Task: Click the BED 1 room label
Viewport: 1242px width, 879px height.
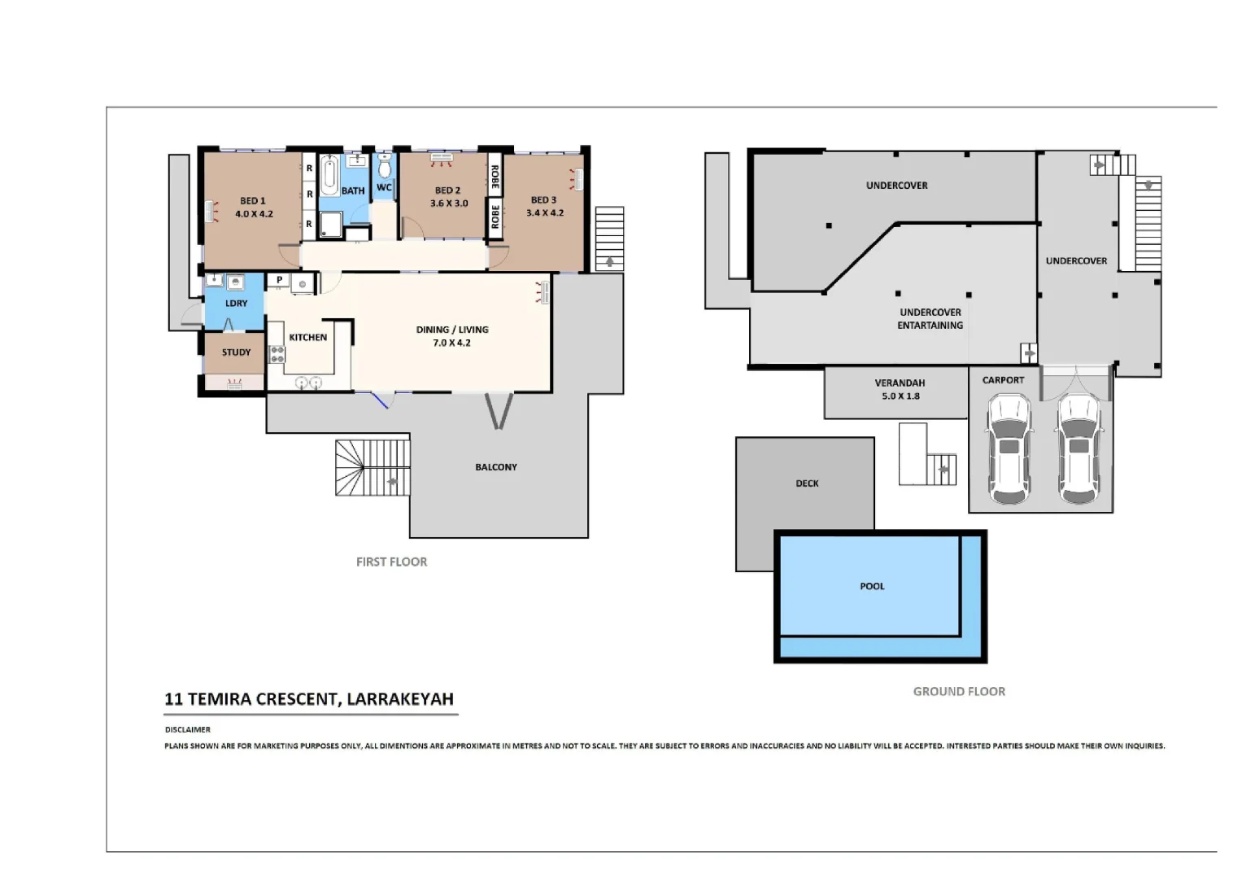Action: pyautogui.click(x=252, y=201)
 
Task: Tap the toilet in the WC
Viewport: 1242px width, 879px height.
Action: pyautogui.click(x=384, y=168)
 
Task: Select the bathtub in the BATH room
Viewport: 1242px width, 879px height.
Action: pyautogui.click(x=329, y=175)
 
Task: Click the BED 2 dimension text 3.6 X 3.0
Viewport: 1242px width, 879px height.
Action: pyautogui.click(x=449, y=203)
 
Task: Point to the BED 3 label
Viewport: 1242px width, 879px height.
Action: pyautogui.click(x=543, y=200)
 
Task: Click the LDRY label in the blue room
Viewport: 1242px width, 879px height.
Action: pyautogui.click(x=236, y=304)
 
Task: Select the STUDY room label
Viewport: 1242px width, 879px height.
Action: pyautogui.click(x=236, y=352)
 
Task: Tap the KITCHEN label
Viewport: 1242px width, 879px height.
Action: pyautogui.click(x=307, y=337)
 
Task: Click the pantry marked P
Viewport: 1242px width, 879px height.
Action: pyautogui.click(x=279, y=280)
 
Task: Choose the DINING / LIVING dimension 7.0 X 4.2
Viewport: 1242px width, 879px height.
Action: pyautogui.click(x=451, y=343)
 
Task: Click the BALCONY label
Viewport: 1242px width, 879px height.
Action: pyautogui.click(x=496, y=467)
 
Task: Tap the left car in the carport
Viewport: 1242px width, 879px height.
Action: pyautogui.click(x=1009, y=448)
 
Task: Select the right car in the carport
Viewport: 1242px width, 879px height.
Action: pyautogui.click(x=1079, y=448)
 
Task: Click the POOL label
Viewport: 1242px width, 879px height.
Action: pyautogui.click(x=872, y=586)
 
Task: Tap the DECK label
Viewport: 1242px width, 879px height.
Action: pyautogui.click(x=807, y=483)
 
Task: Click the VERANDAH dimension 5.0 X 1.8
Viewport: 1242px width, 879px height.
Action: pyautogui.click(x=900, y=396)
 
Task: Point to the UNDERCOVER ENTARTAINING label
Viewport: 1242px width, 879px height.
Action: pyautogui.click(x=930, y=319)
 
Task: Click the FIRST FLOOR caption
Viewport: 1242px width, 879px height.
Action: pyautogui.click(x=391, y=562)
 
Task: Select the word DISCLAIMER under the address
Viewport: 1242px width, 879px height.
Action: pyautogui.click(x=188, y=730)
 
